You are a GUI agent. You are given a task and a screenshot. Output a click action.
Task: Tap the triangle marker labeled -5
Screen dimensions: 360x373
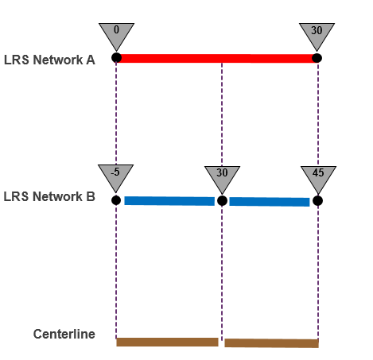click(x=115, y=176)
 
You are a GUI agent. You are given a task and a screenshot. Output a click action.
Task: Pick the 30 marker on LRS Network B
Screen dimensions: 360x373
click(x=222, y=176)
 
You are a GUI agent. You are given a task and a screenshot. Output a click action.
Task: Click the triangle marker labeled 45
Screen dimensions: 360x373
click(x=318, y=176)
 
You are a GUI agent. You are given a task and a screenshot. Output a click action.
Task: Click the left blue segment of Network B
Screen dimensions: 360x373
click(x=169, y=201)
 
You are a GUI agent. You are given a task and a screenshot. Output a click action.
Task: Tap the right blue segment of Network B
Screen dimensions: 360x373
click(x=269, y=202)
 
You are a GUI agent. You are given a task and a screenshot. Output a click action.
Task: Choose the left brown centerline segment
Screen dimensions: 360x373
click(x=167, y=342)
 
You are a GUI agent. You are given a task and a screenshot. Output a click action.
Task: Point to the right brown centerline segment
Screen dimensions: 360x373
click(x=271, y=343)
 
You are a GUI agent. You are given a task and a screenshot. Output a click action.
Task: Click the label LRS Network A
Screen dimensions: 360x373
click(x=49, y=59)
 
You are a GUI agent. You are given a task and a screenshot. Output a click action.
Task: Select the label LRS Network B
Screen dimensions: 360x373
click(x=49, y=197)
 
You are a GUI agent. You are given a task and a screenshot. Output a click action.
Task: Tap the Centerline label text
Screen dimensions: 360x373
click(x=64, y=335)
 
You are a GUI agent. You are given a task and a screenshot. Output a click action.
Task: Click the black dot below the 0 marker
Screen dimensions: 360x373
click(x=116, y=57)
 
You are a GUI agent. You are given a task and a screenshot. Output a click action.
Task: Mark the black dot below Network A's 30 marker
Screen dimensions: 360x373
click(x=317, y=57)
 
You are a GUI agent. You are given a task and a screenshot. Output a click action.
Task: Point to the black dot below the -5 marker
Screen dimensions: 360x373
click(x=116, y=200)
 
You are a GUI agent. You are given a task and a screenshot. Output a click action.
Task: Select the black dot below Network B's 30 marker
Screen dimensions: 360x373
click(x=222, y=201)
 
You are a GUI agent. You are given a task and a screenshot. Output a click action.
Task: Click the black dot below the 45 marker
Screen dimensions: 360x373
click(x=318, y=201)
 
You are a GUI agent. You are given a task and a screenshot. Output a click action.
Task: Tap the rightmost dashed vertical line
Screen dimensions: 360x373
click(x=318, y=270)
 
